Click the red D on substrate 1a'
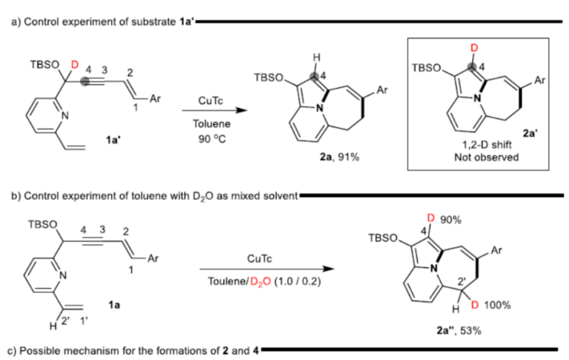[77, 62]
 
